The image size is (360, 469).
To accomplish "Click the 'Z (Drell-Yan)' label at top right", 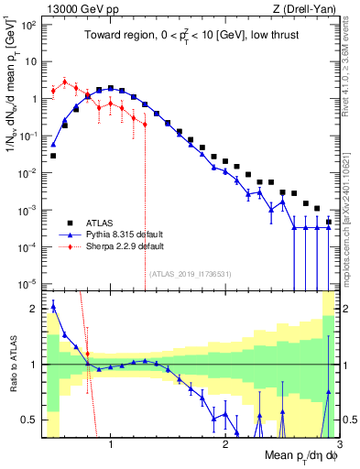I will click(308, 8).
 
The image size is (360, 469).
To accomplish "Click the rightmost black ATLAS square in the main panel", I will click(328, 223).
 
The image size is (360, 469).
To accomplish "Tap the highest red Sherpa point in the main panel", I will click(65, 81).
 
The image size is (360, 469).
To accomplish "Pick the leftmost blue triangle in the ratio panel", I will click(53, 306).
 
